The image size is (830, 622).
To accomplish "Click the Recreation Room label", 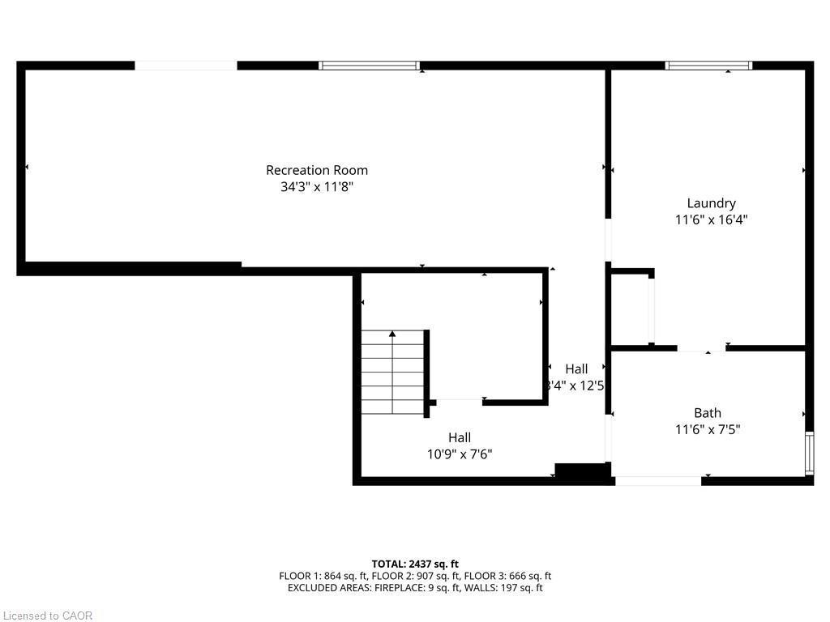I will coord(317,170).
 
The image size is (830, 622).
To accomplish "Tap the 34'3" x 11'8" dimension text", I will coord(317,186).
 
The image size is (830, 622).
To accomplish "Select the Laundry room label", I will coord(711,203).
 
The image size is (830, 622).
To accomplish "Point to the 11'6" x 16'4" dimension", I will coord(711,219).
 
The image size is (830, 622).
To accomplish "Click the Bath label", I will coord(707,413).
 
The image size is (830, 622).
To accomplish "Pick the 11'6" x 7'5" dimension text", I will coord(707,429).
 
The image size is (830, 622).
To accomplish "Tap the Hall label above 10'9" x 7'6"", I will coord(460,437).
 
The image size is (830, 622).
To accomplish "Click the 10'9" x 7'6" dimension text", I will coord(460,454).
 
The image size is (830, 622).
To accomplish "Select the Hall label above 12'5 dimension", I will coord(576,369).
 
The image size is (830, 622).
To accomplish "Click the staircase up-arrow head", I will coord(392,333).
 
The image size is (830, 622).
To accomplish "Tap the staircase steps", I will coord(393,373).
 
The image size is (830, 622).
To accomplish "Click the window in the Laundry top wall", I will coord(708,66).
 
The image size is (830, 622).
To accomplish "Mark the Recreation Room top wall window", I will coord(370,66).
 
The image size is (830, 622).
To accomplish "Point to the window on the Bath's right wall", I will coord(808,454).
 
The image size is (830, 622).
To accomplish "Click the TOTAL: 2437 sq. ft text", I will coord(415,564).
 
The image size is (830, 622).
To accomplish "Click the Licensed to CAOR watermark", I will coord(47,616).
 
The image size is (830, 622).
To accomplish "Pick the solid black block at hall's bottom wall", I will coord(581,473).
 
